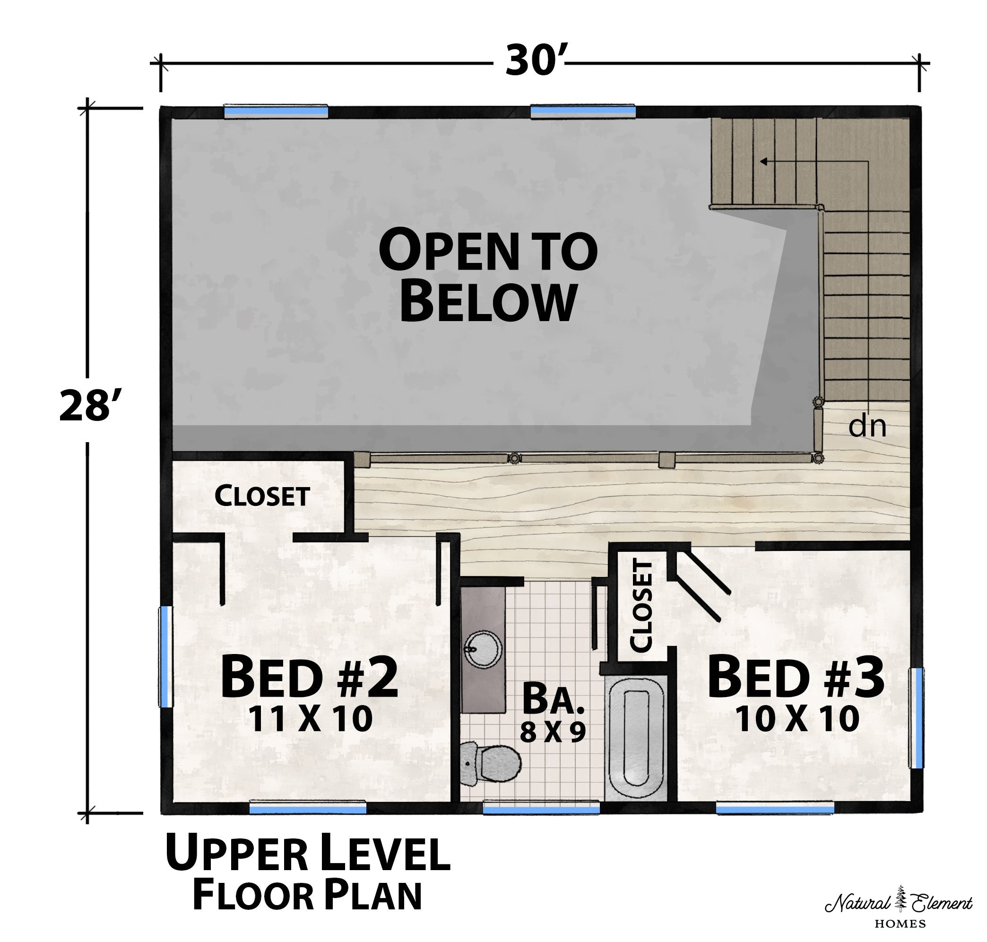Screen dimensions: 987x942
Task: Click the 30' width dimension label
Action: click(535, 61)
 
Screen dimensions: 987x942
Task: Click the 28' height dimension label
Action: click(90, 406)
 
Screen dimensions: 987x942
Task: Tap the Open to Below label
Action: click(488, 275)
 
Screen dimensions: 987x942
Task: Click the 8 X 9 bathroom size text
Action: click(553, 732)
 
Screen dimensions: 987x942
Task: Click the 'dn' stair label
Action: click(867, 426)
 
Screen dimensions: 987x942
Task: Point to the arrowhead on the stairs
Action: click(763, 162)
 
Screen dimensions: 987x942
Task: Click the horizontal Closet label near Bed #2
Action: click(262, 496)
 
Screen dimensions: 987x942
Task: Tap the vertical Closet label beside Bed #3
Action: click(641, 606)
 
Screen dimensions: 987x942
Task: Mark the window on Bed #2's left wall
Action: click(165, 657)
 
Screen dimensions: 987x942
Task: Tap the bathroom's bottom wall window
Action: click(541, 808)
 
